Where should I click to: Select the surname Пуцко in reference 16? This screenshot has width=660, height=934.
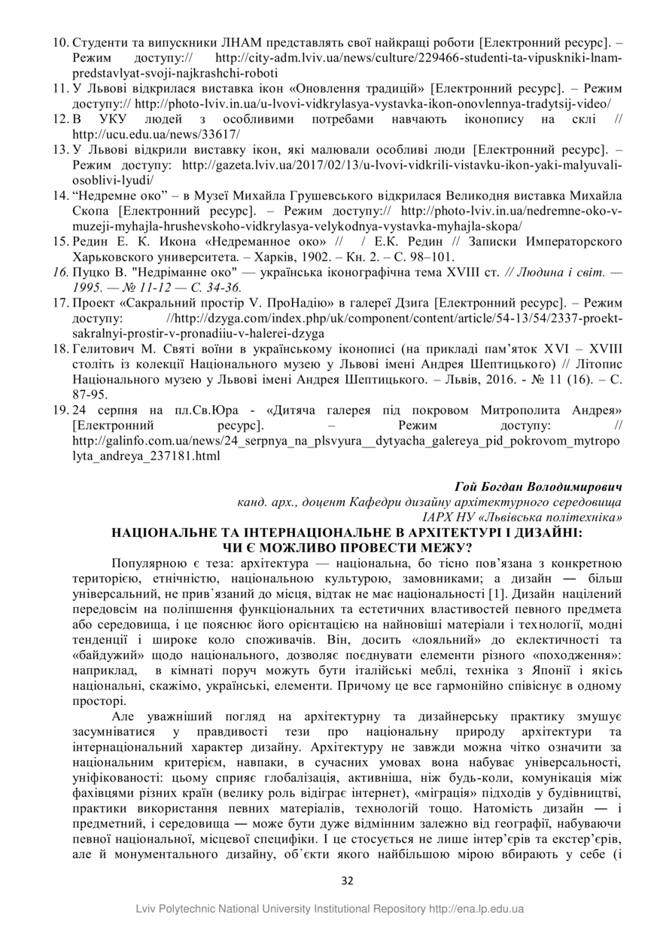93,272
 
